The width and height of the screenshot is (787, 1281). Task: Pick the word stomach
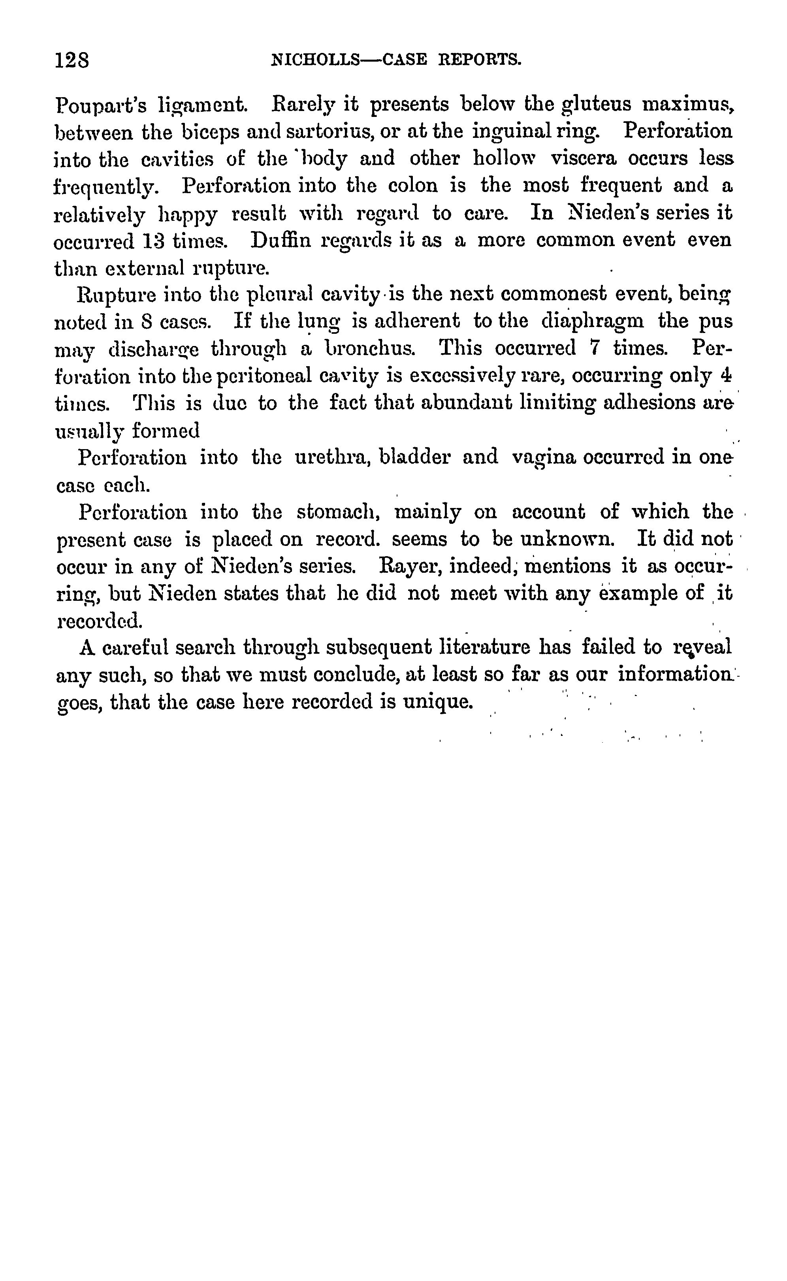pos(338,513)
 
